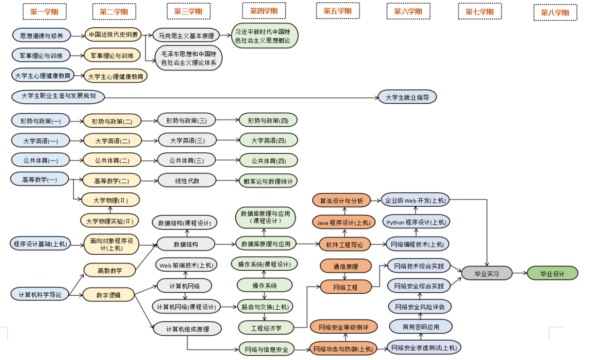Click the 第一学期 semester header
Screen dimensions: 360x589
(45, 12)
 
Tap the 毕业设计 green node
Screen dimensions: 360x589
(552, 274)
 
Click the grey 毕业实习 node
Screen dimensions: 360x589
(487, 274)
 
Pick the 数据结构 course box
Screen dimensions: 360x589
(186, 244)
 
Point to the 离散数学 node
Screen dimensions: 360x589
(110, 270)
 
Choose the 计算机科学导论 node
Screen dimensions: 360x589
(40, 295)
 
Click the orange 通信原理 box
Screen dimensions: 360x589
(346, 266)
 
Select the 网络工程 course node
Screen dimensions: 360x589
(346, 287)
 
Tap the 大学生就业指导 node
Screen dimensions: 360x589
(408, 97)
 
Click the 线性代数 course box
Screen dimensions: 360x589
(187, 180)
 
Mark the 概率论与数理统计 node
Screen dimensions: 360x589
(268, 180)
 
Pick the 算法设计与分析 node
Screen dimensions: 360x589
(341, 201)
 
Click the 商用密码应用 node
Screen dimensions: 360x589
(421, 327)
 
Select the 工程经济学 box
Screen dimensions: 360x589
(266, 327)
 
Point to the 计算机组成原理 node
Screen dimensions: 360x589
(187, 329)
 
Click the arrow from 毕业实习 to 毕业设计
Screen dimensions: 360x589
(519, 273)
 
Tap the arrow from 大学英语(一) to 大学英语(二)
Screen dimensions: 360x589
(77, 141)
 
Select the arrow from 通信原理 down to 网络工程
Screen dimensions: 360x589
(346, 276)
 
